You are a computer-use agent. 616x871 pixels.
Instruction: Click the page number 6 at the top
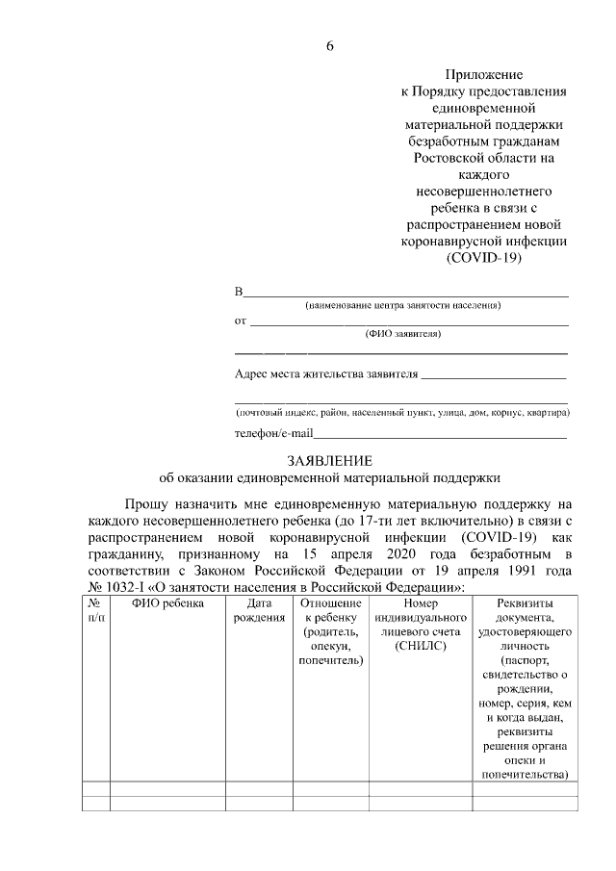[x=329, y=45]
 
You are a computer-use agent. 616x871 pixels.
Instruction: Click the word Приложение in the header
[x=483, y=74]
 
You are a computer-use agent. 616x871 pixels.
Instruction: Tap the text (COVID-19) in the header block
[x=483, y=259]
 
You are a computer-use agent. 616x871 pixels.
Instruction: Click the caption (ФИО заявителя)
[x=403, y=334]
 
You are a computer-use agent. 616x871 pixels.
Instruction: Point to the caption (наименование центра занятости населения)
[x=403, y=306]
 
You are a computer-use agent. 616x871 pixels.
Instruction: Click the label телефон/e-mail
[x=275, y=434]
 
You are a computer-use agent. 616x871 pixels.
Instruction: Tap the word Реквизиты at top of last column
[x=525, y=603]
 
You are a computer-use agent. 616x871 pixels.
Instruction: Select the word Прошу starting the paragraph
[x=149, y=504]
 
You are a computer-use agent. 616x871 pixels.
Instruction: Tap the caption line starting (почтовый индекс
[x=402, y=412]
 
